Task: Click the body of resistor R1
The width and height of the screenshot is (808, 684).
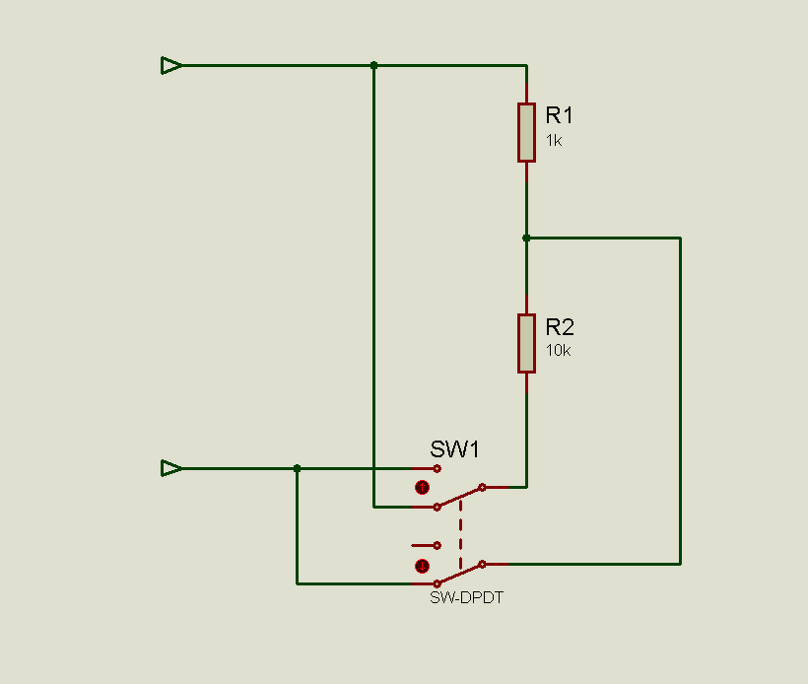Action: (526, 132)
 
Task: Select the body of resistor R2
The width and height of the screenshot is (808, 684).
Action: (526, 343)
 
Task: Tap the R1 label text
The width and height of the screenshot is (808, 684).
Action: (559, 114)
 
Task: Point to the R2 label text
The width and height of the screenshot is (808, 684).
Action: (560, 326)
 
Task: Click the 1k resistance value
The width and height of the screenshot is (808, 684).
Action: (554, 140)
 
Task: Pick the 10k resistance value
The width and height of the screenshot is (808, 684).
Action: (558, 351)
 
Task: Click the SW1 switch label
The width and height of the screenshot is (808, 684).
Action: (454, 449)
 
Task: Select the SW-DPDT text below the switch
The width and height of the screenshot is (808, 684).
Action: (466, 597)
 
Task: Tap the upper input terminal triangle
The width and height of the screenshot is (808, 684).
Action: (171, 66)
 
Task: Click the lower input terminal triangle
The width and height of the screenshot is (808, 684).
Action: (171, 468)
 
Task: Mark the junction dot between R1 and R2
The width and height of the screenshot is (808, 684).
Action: (526, 238)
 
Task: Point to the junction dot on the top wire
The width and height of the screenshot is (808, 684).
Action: (373, 66)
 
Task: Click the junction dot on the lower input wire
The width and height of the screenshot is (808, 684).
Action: (298, 468)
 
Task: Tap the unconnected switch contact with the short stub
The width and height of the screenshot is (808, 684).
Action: (437, 545)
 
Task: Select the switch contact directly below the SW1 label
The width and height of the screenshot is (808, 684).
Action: (437, 468)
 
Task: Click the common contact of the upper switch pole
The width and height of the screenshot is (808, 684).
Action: (482, 487)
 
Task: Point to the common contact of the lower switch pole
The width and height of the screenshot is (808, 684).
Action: (482, 564)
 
